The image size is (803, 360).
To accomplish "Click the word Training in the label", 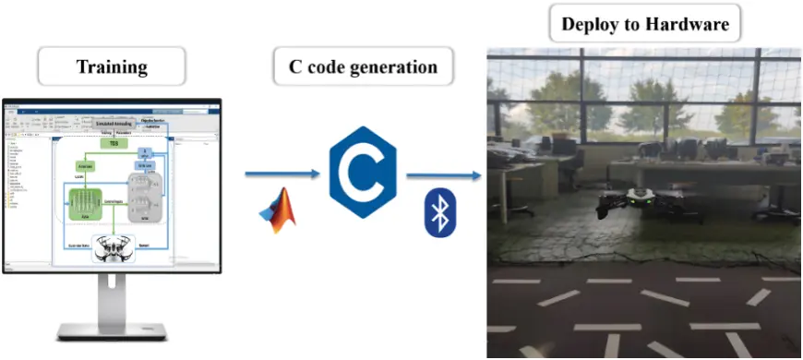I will pyautogui.click(x=111, y=66).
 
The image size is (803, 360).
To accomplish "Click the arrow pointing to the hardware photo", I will pyautogui.click(x=444, y=174).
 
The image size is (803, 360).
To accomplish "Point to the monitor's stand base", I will pyautogui.click(x=112, y=330).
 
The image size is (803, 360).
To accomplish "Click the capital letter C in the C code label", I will pyautogui.click(x=294, y=67).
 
